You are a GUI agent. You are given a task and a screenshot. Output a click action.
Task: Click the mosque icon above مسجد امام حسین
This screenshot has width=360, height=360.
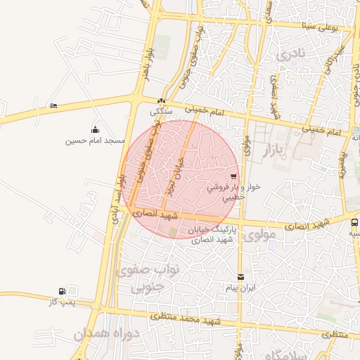click(x=95, y=129)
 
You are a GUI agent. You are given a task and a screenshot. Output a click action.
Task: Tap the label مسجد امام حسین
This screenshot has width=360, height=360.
click(x=95, y=141)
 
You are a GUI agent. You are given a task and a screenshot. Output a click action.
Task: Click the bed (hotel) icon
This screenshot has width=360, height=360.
click(x=54, y=105)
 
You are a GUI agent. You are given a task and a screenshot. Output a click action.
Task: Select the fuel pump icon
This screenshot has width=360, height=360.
click(x=63, y=290)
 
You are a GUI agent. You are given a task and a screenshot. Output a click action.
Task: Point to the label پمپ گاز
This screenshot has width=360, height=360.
click(x=62, y=302)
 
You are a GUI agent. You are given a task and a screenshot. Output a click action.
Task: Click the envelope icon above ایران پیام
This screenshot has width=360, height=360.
click(x=241, y=277)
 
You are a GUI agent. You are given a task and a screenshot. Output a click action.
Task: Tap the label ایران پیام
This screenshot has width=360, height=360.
click(x=241, y=288)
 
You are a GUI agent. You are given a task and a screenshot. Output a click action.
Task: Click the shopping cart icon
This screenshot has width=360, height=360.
click(x=233, y=176)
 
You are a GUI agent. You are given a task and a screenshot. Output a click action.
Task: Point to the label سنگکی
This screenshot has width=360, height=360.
click(x=162, y=111)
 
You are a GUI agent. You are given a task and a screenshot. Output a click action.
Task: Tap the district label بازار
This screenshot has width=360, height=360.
click(x=276, y=150)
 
